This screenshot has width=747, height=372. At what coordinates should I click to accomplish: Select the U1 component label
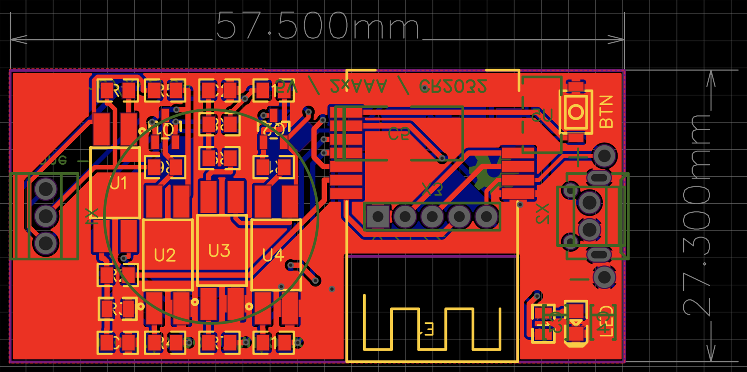pos(118,184)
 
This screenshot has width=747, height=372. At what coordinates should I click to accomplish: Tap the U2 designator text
pos(165,255)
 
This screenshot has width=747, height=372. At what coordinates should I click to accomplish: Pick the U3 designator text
pos(219,251)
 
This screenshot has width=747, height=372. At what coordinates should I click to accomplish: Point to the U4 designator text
pos(273,255)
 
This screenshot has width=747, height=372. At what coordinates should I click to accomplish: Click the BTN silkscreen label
pos(606,112)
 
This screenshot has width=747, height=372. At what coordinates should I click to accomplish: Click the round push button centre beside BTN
pos(576,112)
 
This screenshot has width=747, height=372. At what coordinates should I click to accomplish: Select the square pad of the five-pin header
pos(378,217)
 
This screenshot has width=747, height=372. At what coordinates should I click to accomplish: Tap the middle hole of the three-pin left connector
pos(46,216)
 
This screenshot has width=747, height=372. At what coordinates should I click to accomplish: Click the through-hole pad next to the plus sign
pos(604,156)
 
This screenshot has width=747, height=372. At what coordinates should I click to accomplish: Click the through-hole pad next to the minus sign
pos(604,277)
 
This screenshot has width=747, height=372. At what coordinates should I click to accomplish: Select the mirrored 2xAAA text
pos(359,87)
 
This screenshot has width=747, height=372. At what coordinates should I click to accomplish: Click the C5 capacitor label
pos(399,134)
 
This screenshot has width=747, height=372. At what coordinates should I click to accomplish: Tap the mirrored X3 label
pos(432,189)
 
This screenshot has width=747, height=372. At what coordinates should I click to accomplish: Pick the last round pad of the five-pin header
pos(487,217)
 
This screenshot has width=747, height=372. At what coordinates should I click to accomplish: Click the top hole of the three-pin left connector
pos(46,189)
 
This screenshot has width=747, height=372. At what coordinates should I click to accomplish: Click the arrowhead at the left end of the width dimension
pos(17,39)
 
